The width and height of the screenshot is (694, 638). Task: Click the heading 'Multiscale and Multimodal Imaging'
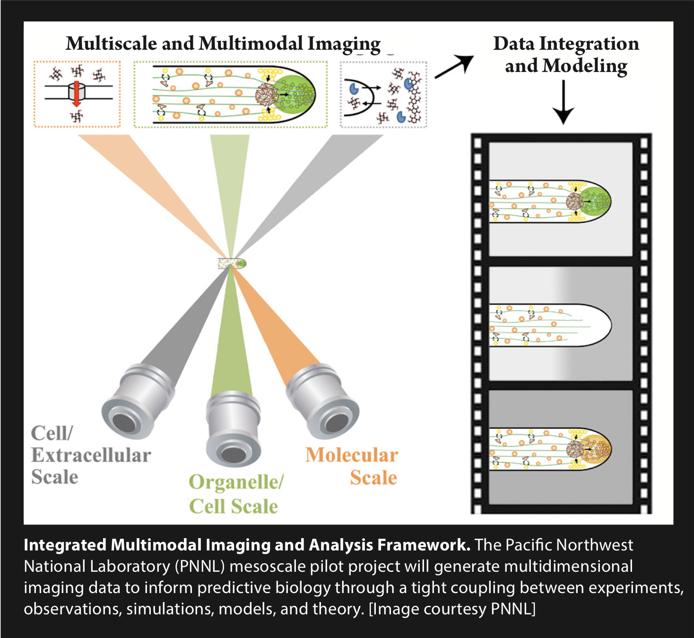[x=223, y=44]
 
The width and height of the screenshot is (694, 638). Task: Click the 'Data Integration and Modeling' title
[x=566, y=54]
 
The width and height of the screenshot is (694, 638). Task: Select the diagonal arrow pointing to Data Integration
[x=454, y=66]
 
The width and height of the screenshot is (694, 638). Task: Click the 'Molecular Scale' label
[x=352, y=466]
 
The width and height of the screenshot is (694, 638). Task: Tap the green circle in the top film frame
[x=595, y=201]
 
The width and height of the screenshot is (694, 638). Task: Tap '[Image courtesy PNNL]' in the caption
[x=452, y=609]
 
